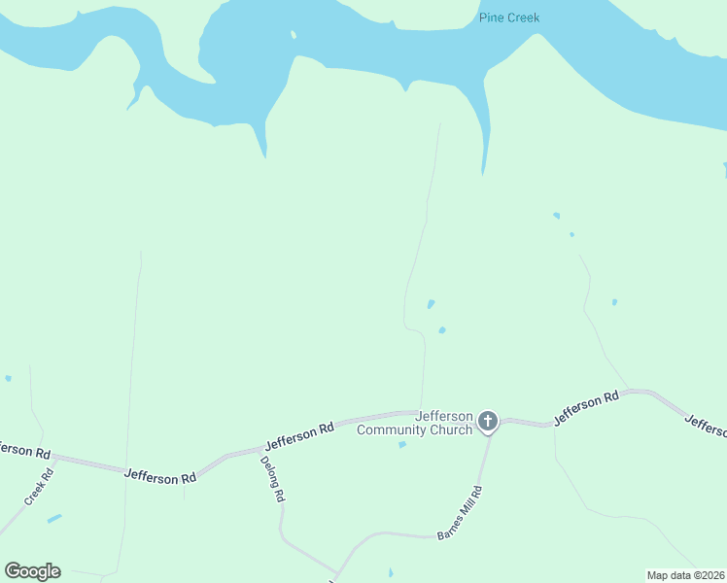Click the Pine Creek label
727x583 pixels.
click(508, 17)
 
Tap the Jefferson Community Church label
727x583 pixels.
click(415, 423)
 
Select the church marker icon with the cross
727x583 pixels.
click(487, 421)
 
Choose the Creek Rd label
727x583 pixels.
click(37, 488)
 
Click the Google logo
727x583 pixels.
click(32, 571)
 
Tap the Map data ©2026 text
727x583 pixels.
click(685, 574)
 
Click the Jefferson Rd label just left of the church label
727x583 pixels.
click(299, 434)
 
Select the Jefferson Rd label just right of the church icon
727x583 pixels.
click(586, 408)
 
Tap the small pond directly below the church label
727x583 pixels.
click(402, 445)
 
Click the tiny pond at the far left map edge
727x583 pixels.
click(8, 378)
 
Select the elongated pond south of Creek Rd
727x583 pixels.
click(54, 519)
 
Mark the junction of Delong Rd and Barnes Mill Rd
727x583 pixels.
click(337, 573)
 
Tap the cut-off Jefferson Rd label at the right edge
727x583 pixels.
click(706, 426)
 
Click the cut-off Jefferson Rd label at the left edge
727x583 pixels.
click(23, 450)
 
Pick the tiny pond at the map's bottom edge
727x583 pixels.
click(391, 573)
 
